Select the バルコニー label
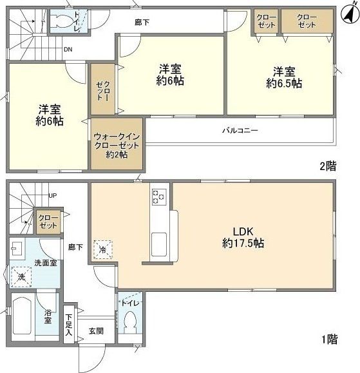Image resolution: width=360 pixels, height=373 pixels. click(x=240, y=130)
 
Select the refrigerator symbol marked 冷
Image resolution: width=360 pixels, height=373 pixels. click(x=102, y=249)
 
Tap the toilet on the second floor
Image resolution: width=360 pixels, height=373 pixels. click(x=62, y=20)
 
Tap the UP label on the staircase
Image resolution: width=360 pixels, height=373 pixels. click(x=54, y=195)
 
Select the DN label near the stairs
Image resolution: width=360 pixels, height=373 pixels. click(x=68, y=49)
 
